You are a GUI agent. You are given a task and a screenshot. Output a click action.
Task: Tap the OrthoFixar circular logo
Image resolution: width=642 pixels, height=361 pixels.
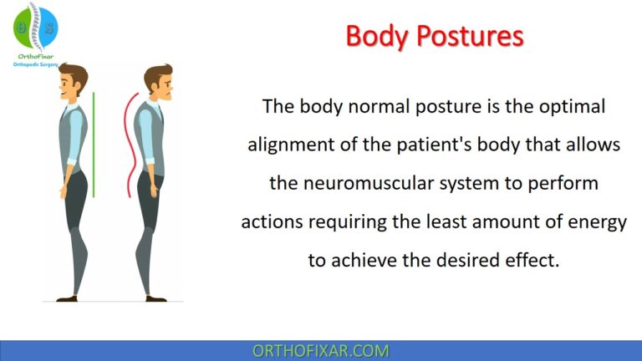click(34, 25)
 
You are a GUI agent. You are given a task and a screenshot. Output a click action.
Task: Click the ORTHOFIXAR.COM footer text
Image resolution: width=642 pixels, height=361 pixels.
click(321, 351)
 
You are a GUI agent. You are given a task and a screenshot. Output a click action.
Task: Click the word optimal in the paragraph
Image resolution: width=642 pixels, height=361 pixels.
click(573, 107)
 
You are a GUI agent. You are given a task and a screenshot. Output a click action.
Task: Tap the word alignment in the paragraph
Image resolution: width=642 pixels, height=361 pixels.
click(288, 145)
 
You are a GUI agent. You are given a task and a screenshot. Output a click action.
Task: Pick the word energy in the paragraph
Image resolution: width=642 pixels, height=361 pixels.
click(598, 221)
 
